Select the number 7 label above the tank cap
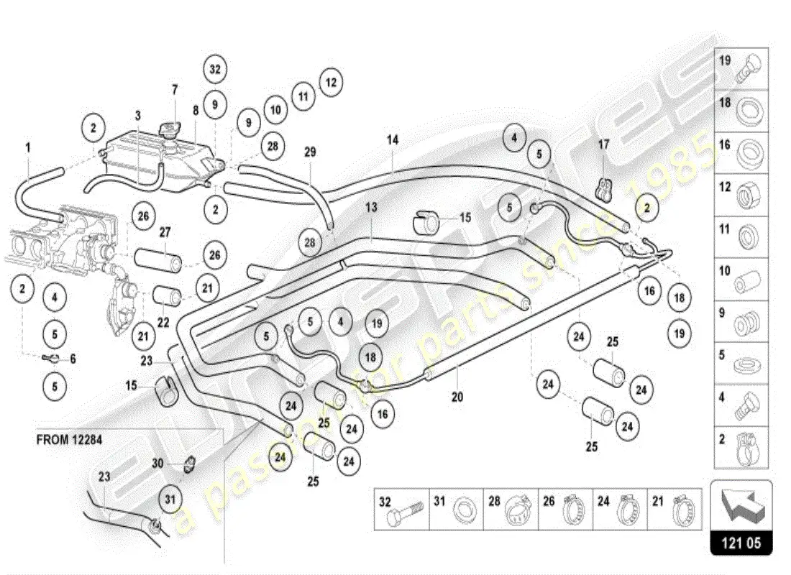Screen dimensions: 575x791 (x=174, y=91)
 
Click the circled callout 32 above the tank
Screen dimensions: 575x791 (x=214, y=69)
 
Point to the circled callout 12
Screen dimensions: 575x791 (x=330, y=82)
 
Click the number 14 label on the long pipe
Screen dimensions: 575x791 (x=392, y=140)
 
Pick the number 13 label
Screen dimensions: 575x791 (x=371, y=207)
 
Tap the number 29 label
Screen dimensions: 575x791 (x=310, y=152)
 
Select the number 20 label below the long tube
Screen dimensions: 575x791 (x=457, y=396)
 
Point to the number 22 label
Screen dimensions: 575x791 (x=163, y=323)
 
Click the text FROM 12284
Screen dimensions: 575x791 (x=69, y=440)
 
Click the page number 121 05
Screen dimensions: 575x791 (x=741, y=543)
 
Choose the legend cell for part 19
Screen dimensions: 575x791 (x=741, y=68)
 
